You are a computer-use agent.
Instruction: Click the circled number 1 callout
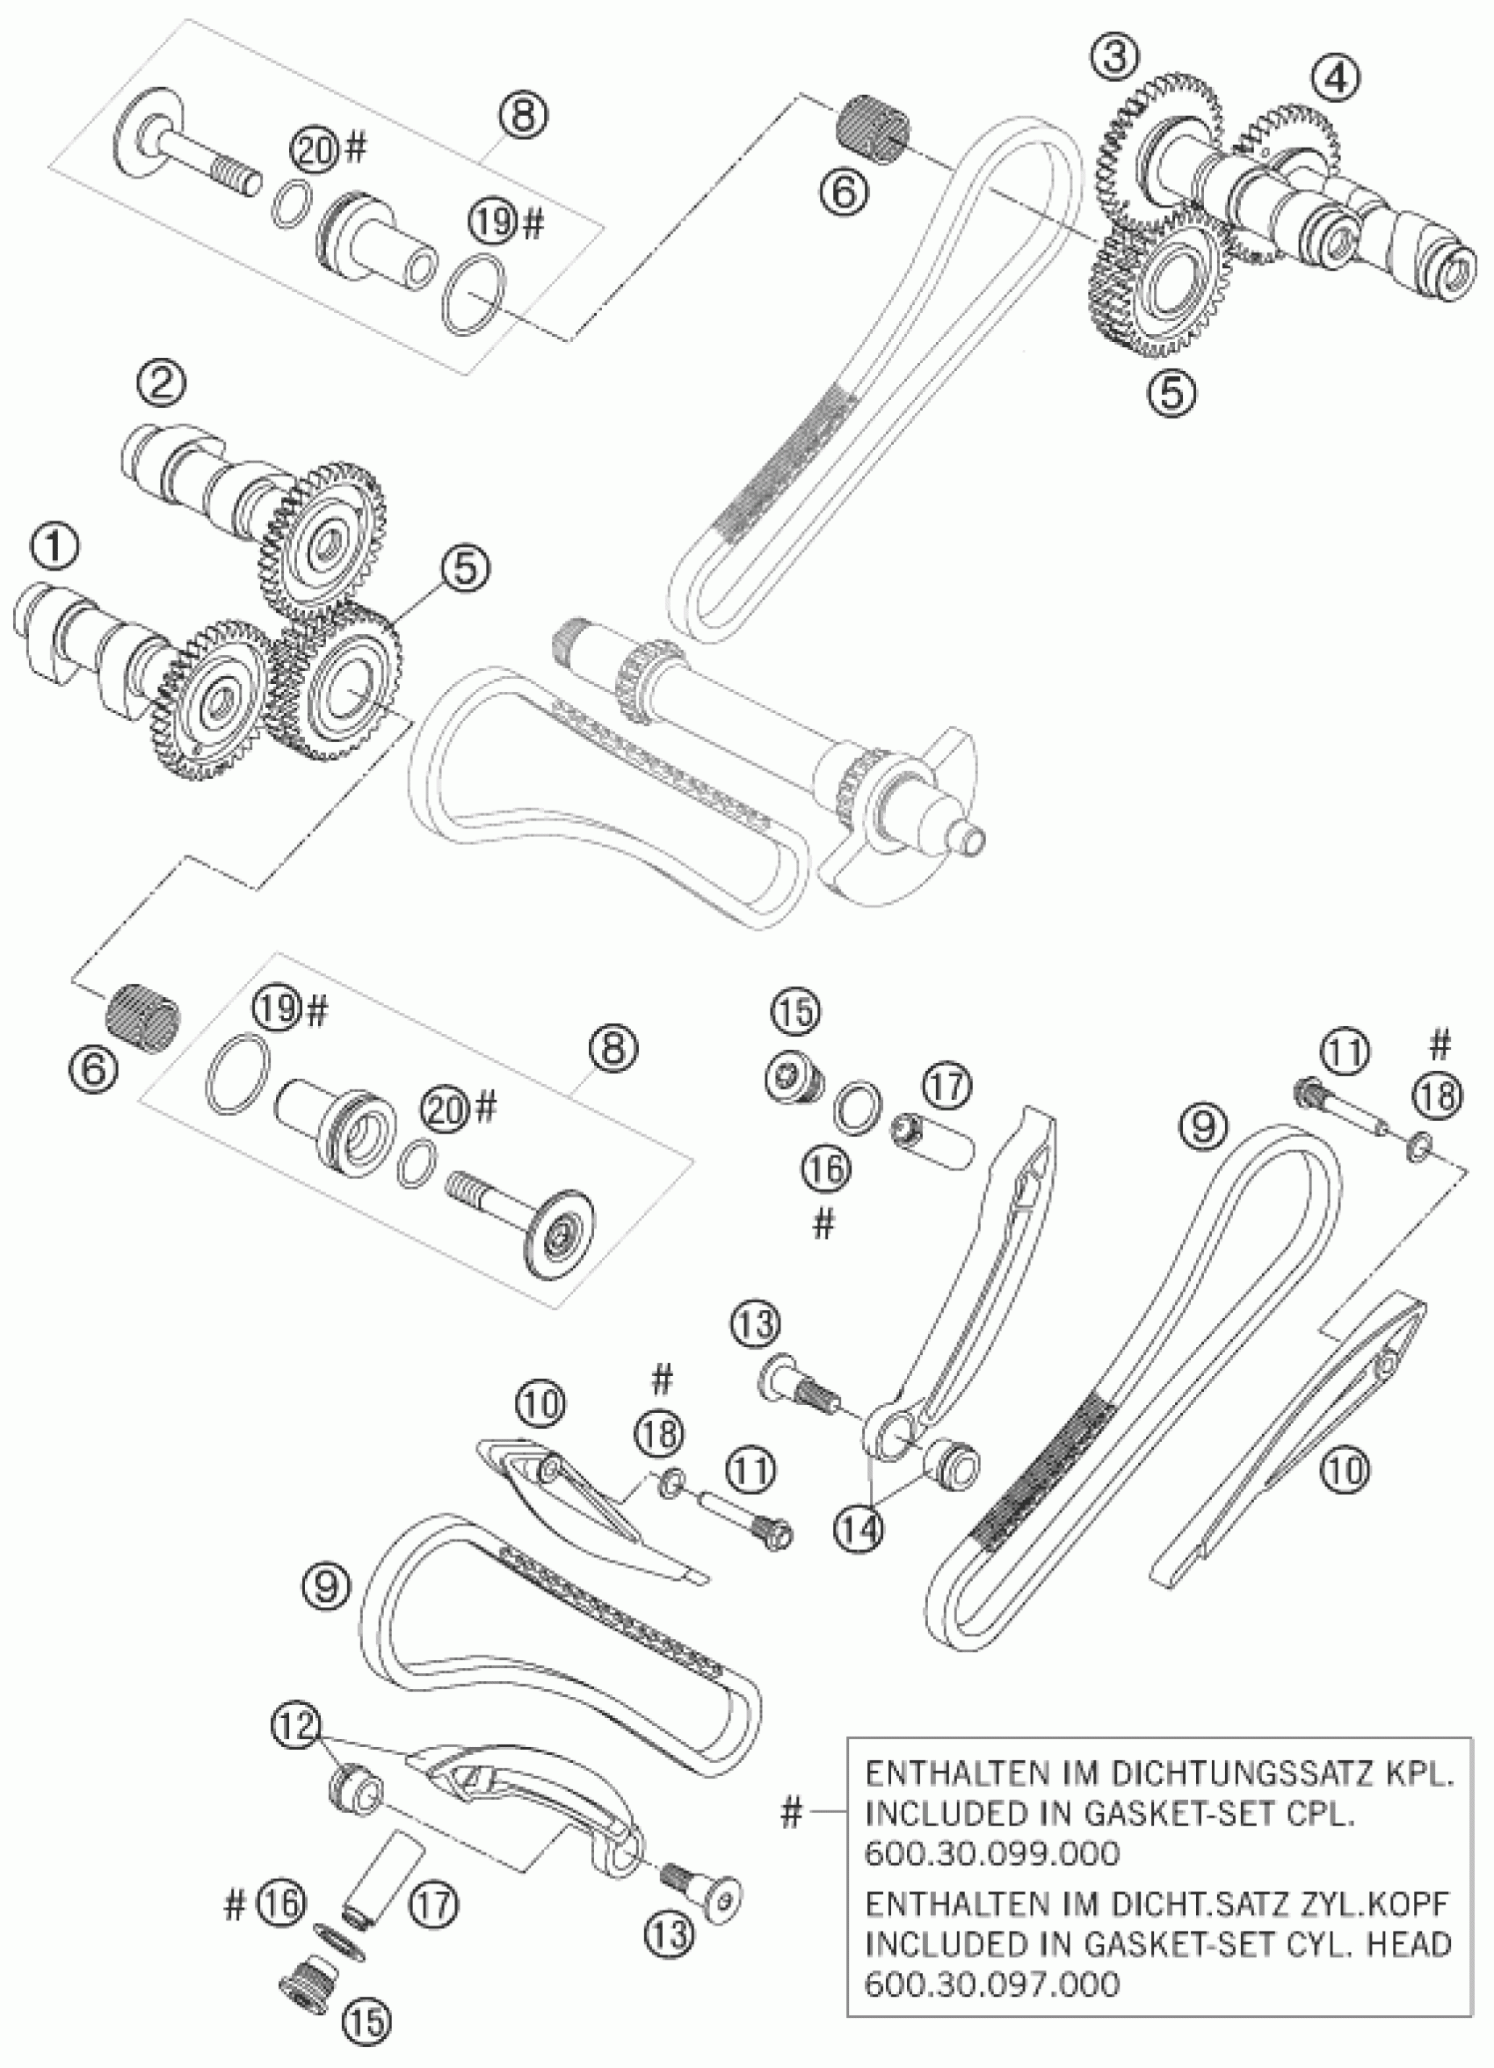[54, 548]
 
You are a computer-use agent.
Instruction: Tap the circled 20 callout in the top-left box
[315, 151]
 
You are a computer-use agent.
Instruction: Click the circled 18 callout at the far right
[1439, 1097]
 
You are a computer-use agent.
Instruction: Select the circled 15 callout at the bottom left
[364, 2035]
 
